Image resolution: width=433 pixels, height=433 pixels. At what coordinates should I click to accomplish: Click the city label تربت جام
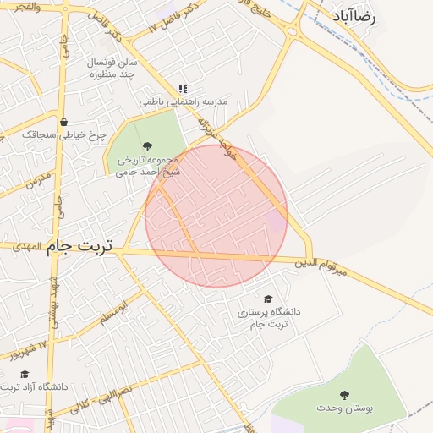pos(81,245)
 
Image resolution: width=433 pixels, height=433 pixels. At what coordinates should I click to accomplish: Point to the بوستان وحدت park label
pos(344,408)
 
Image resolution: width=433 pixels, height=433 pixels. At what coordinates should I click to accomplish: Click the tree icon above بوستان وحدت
pos(344,395)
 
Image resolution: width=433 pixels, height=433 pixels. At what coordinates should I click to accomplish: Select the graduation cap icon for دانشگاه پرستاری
pos(269,299)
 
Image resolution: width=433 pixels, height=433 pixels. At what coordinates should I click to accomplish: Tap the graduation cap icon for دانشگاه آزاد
pos(25,374)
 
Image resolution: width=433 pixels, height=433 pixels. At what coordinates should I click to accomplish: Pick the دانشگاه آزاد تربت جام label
pos(34,387)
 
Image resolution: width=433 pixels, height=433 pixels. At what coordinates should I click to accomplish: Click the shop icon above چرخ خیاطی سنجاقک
pos(63,122)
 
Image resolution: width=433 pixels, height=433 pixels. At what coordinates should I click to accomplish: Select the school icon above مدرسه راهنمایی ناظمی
pos(183,89)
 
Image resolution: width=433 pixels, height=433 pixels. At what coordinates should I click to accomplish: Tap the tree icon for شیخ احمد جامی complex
pos(149,145)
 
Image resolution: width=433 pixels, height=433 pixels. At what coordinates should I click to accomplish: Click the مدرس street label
pos(38,180)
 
